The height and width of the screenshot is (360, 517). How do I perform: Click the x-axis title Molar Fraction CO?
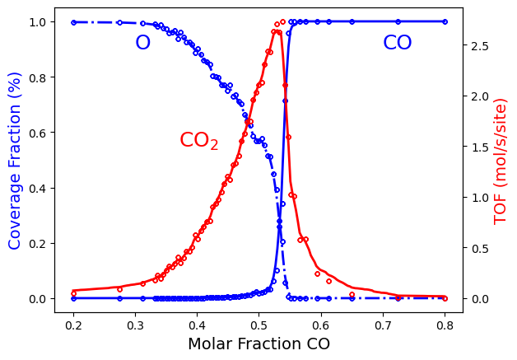(x=258, y=344)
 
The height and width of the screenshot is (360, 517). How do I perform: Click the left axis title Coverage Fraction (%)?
(x=15, y=159)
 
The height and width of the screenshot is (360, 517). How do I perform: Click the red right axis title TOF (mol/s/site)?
(x=501, y=159)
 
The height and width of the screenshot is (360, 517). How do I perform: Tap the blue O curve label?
(x=142, y=44)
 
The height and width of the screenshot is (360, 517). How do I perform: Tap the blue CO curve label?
(x=397, y=44)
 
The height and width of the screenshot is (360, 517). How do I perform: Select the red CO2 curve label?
(x=198, y=141)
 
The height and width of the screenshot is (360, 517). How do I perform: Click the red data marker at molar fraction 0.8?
(x=445, y=297)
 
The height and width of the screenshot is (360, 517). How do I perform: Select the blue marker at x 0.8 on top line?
(x=445, y=21)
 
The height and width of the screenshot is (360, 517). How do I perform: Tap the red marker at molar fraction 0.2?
(x=73, y=293)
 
